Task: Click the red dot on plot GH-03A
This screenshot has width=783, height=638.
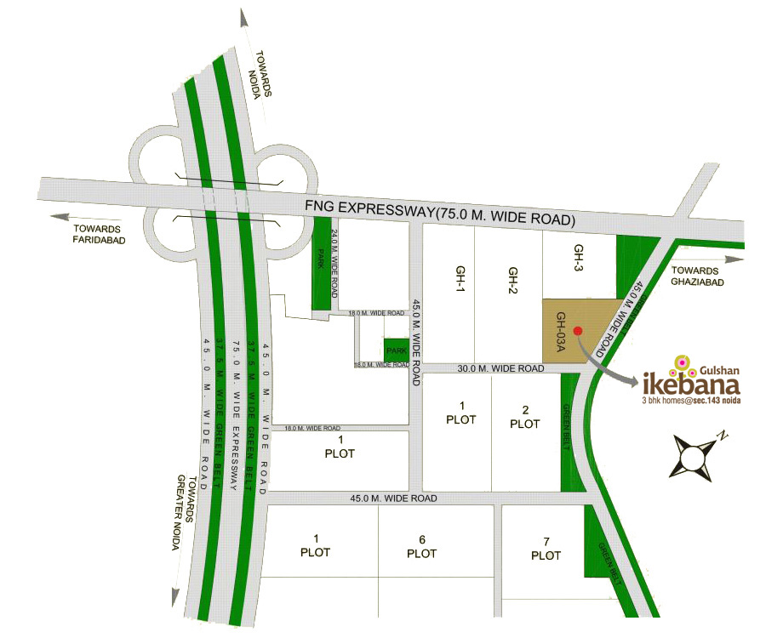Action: coord(578,331)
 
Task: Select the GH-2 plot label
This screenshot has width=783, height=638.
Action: coord(513,277)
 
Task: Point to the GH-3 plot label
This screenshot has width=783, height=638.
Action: coord(578,256)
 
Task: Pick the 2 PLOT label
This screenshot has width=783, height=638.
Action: coord(525,416)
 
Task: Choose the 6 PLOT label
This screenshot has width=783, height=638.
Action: coord(421,546)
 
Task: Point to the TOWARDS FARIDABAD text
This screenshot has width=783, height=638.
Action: coord(96,235)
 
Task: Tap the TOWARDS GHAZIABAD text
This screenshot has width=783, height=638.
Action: coord(696,275)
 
